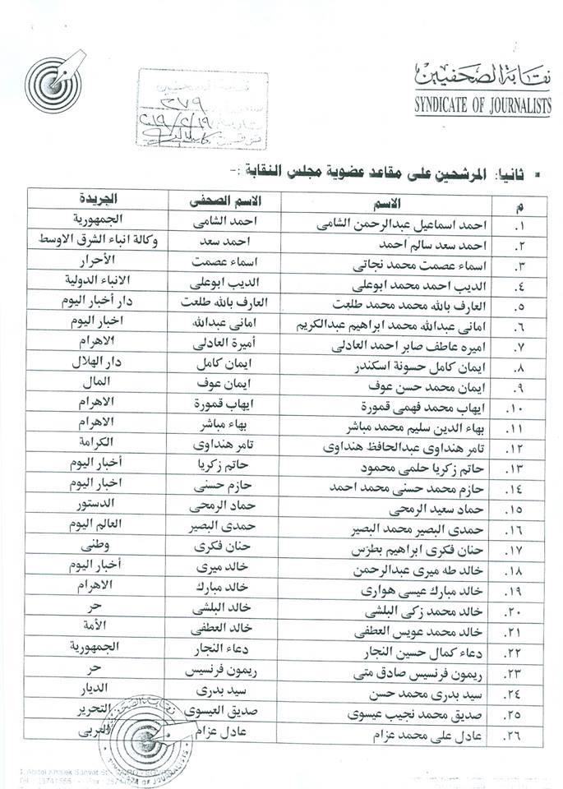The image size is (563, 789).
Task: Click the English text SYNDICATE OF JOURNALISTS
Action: click(x=483, y=105)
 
